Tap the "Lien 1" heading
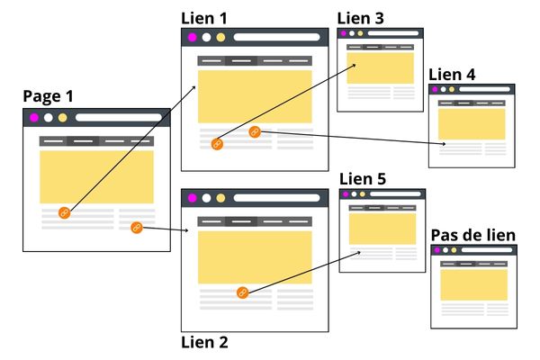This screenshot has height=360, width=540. pyautogui.click(x=204, y=17)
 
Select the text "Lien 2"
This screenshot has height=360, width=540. pyautogui.click(x=204, y=342)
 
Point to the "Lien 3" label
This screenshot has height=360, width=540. pyautogui.click(x=360, y=17)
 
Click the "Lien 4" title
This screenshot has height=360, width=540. pyautogui.click(x=452, y=74)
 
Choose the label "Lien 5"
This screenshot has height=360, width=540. pyautogui.click(x=363, y=178)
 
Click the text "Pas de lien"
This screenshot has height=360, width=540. pyautogui.click(x=473, y=235)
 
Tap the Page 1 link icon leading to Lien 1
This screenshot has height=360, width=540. pyautogui.click(x=64, y=212)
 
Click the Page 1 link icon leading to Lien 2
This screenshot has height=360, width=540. pyautogui.click(x=137, y=228)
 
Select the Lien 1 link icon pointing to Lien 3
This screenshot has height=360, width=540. pyautogui.click(x=216, y=143)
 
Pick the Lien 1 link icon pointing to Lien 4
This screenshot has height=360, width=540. pyautogui.click(x=255, y=132)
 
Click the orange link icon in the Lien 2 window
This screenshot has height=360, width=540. pyautogui.click(x=241, y=292)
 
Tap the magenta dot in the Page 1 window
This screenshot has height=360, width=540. pyautogui.click(x=34, y=117)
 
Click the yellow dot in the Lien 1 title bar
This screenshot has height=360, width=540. pyautogui.click(x=220, y=38)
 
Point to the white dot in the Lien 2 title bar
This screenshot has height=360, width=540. pyautogui.click(x=206, y=198)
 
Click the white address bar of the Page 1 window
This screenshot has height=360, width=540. pyautogui.click(x=118, y=117)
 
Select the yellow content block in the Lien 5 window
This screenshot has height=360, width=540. pyautogui.click(x=382, y=229)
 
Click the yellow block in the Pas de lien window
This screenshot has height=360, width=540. pyautogui.click(x=473, y=283)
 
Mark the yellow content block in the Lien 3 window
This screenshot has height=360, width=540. pyautogui.click(x=380, y=67)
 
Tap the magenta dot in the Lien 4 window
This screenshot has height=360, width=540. pyautogui.click(x=434, y=89)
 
